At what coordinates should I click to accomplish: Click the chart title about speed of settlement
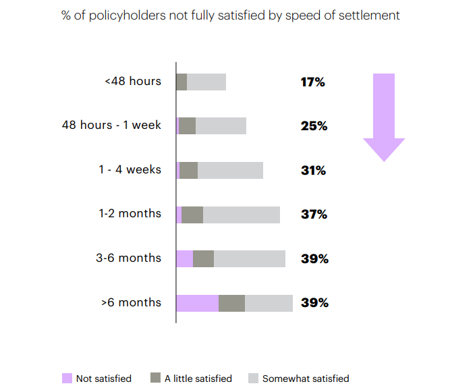click(x=230, y=15)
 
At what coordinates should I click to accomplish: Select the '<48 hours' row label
click(x=133, y=82)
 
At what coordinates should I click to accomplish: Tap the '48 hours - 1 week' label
click(x=111, y=126)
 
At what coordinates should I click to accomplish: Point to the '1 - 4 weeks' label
click(x=130, y=169)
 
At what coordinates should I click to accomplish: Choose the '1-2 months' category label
click(x=130, y=214)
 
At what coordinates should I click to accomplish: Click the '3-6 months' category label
click(x=128, y=258)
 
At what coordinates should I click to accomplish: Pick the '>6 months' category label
click(x=131, y=302)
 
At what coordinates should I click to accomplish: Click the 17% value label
click(x=313, y=82)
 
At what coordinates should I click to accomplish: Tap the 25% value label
click(x=314, y=126)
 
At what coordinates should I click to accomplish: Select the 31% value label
click(x=313, y=171)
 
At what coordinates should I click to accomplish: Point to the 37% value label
click(x=314, y=215)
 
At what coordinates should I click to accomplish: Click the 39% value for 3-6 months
click(x=314, y=258)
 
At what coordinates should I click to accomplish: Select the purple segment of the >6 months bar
click(x=197, y=303)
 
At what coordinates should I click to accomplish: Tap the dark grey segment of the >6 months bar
click(x=231, y=303)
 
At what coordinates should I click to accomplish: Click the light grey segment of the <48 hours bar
click(x=206, y=82)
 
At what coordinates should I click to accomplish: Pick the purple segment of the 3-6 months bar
click(x=184, y=258)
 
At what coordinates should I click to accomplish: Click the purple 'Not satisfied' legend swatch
click(x=67, y=378)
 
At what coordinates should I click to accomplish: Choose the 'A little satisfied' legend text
click(x=198, y=379)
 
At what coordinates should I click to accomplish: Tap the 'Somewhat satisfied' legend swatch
click(x=253, y=378)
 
